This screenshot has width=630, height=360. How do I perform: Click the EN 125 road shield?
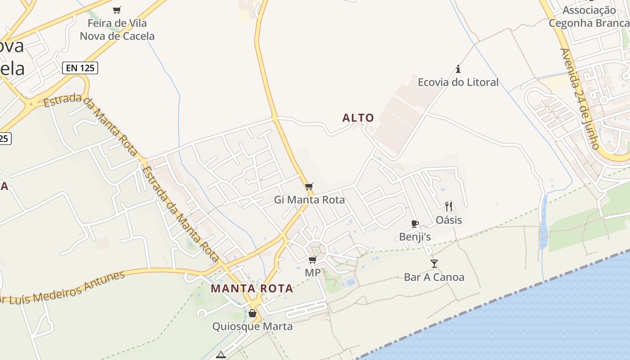[80, 68]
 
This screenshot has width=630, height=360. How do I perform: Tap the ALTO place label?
[358, 118]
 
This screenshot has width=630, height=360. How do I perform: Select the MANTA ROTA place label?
[252, 288]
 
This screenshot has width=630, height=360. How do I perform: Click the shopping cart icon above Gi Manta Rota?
[309, 186]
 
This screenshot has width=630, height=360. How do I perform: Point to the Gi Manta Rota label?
[310, 200]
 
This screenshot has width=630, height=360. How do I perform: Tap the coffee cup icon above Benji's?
[415, 224]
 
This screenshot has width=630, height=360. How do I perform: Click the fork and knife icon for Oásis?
[449, 207]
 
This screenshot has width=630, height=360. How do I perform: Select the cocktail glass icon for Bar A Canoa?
[434, 264]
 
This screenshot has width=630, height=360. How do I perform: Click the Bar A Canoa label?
[434, 277]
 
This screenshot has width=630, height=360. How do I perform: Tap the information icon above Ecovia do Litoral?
[458, 69]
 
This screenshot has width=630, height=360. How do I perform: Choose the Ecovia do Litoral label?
[458, 82]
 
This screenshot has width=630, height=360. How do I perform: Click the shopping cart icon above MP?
[313, 260]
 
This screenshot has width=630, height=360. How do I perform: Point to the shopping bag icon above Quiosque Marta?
[252, 313]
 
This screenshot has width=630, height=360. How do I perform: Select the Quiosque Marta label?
[252, 326]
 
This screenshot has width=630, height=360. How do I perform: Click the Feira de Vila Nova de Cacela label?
[117, 30]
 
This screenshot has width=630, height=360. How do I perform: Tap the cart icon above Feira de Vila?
[117, 10]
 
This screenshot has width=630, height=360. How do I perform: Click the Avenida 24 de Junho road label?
[580, 99]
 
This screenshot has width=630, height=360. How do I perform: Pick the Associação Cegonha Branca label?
[589, 17]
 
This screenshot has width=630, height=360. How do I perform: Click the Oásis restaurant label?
[449, 220]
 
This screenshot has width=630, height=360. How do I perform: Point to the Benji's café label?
[415, 237]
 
